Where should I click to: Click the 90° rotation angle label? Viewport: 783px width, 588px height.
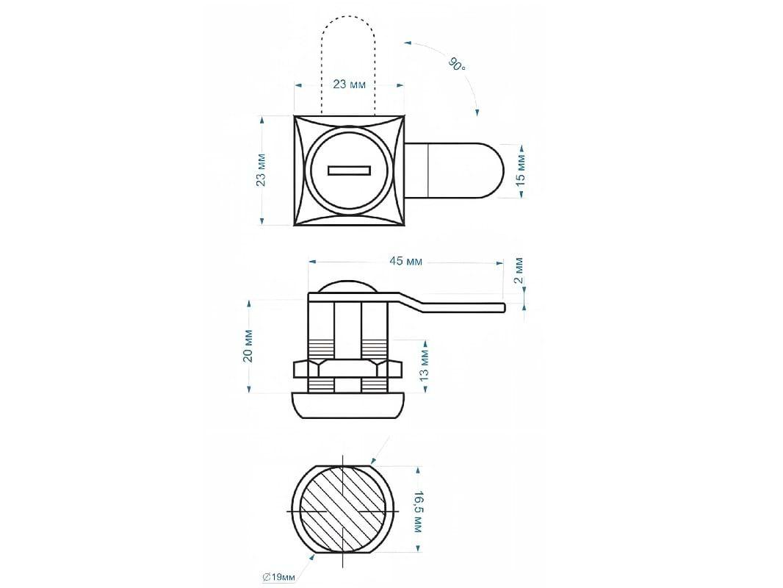456,65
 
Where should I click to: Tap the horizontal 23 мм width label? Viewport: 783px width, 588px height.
349,84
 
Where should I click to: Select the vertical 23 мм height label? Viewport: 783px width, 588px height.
261,170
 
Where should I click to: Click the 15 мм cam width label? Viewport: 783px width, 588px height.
520,171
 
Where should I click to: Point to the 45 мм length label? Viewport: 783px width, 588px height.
405,261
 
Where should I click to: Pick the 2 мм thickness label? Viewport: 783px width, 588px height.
519,270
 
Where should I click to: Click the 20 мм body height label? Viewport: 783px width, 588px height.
248,345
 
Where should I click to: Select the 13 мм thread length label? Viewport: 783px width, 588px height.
424,365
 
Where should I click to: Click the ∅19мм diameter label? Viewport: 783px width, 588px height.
278,577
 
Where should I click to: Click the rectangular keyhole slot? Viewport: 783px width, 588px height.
349,171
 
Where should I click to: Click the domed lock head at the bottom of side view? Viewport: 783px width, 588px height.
348,405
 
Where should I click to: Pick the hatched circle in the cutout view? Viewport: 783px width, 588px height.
343,512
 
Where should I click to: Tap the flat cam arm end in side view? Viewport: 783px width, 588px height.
503,308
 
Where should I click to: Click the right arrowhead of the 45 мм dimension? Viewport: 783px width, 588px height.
498,262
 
